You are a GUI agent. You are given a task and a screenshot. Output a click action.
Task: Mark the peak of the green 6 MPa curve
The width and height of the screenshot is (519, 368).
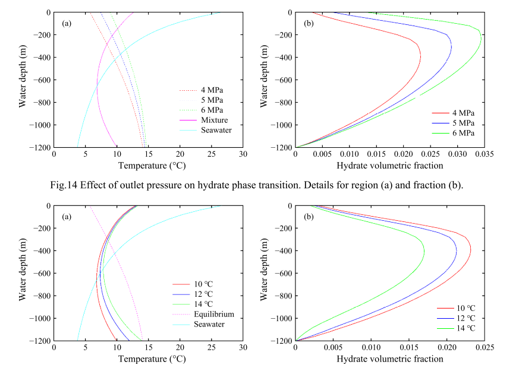coord(481,37)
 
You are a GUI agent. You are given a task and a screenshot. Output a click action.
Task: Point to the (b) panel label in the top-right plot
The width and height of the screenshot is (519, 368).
coord(309,24)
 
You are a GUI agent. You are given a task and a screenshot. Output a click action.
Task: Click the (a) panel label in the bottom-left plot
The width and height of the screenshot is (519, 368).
coord(67,217)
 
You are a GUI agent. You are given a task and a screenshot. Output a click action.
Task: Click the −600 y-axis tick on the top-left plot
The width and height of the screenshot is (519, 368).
coord(42,80)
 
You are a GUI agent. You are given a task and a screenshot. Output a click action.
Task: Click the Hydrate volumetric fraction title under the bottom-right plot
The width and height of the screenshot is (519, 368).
coord(389,359)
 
